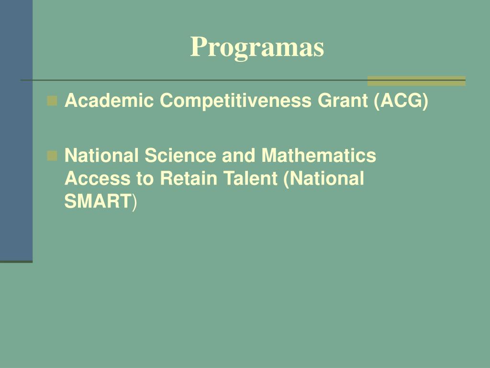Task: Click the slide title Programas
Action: tap(257, 47)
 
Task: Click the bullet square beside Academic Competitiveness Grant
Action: tap(53, 101)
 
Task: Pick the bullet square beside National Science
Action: tap(53, 155)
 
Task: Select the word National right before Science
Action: tap(102, 155)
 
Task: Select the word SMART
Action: tap(98, 202)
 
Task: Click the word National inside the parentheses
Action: tap(327, 179)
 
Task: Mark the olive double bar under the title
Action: tap(416, 81)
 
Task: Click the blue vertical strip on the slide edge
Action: tap(16, 129)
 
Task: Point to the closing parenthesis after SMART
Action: tap(134, 202)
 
